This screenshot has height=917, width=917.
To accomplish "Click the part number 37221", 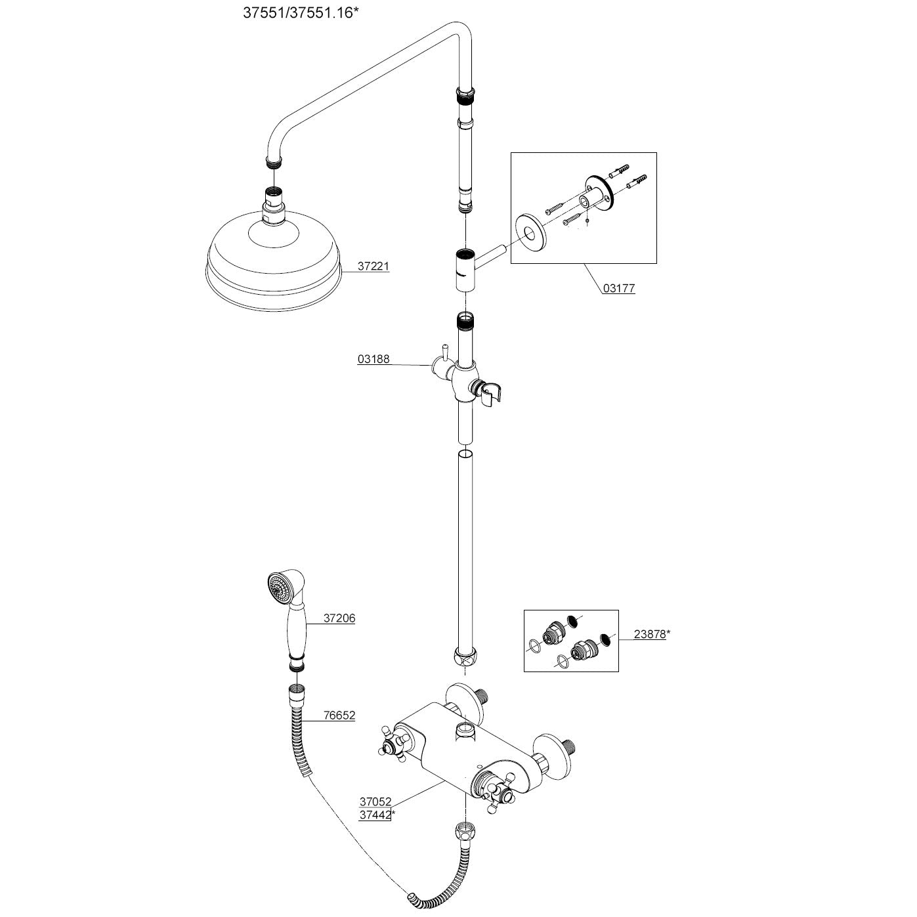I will click(373, 267).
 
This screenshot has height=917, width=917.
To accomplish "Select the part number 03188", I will click(373, 359).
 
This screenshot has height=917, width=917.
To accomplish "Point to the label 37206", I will click(339, 618).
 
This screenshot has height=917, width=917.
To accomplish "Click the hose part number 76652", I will click(339, 715).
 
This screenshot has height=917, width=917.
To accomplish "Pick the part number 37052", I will click(375, 801).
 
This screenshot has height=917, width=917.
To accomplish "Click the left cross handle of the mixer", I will click(395, 743).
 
